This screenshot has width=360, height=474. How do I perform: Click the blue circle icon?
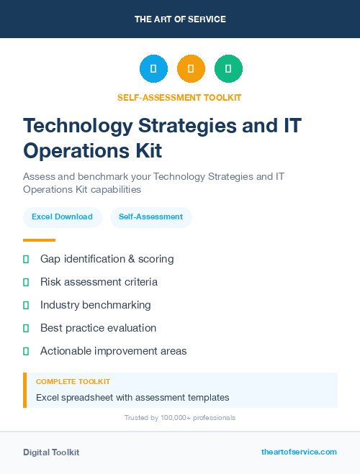[153, 69]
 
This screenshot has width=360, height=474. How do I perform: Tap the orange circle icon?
[191, 69]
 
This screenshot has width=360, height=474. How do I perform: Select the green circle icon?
[228, 69]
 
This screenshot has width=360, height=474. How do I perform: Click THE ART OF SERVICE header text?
[180, 19]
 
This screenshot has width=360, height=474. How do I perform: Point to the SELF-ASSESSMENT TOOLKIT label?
[179, 97]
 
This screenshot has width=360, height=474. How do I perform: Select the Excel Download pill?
[62, 217]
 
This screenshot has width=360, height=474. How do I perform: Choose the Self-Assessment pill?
[150, 217]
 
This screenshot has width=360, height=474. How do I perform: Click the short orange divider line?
[39, 240]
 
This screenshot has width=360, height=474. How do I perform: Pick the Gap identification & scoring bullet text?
[107, 259]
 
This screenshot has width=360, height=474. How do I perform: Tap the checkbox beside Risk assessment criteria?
[26, 282]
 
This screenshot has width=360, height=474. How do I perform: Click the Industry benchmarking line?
[95, 305]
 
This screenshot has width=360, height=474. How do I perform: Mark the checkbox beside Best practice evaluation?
[26, 328]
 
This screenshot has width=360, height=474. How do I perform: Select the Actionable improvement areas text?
[113, 351]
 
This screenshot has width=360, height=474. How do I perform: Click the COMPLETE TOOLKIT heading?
[73, 382]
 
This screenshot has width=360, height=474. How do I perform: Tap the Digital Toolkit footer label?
[51, 452]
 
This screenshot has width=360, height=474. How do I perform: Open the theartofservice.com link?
[299, 452]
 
